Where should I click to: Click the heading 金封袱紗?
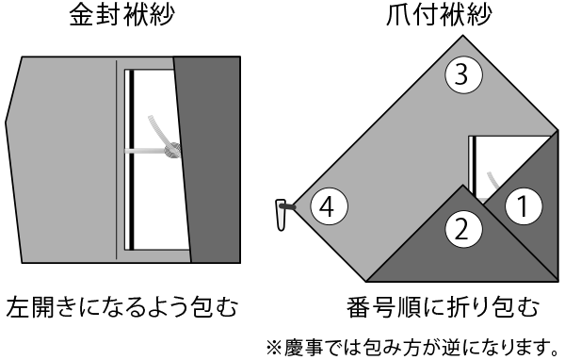121,15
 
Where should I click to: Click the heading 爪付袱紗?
439,15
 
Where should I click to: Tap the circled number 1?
524,206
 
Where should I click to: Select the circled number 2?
463,229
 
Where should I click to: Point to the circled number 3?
463,75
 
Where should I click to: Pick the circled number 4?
329,206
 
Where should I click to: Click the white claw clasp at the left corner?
281,214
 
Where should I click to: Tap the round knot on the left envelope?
172,150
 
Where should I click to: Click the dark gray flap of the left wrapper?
208,159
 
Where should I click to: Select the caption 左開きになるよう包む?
121,307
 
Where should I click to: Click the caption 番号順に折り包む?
443,307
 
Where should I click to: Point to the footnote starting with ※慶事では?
412,347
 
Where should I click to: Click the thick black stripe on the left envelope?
132,159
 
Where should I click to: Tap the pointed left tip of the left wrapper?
6,123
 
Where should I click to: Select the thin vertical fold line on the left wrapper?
117,159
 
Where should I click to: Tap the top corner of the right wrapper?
462,36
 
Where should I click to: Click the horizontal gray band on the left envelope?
145,151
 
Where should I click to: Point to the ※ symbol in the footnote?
275,348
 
